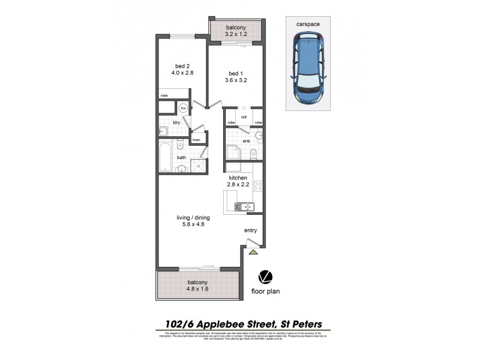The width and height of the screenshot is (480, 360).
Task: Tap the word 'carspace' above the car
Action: point(307,25)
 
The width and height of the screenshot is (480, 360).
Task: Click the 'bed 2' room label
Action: point(181,65)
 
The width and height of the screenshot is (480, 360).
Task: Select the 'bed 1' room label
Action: point(236,73)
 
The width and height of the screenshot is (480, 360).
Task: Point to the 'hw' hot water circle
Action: point(184,108)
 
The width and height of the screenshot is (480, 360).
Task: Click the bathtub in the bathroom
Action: point(166,157)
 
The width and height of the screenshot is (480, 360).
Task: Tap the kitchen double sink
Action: point(244,208)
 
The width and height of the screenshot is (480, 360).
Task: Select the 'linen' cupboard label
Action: point(196,140)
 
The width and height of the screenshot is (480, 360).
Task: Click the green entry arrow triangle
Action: point(253,252)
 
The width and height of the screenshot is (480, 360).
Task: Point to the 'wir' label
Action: point(244,117)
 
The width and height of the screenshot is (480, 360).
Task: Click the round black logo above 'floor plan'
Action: point(263,277)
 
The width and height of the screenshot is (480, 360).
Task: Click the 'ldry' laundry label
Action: point(176,122)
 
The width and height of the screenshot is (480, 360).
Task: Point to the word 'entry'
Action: point(250,230)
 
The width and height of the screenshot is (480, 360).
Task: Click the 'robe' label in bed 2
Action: point(164,95)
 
